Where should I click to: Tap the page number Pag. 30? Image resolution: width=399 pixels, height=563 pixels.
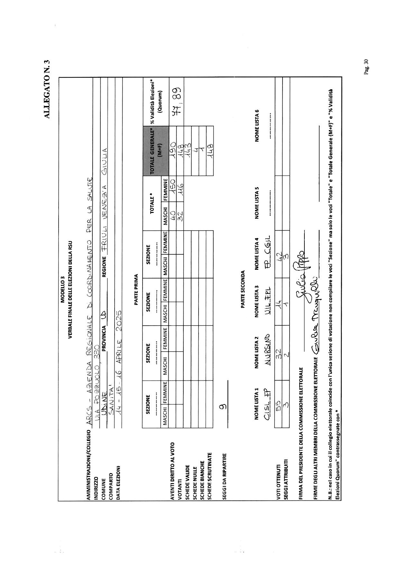366,67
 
